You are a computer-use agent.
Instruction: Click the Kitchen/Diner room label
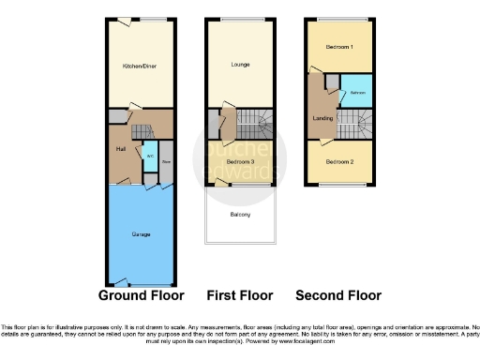[140, 67]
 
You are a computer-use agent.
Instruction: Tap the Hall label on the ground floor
[121, 148]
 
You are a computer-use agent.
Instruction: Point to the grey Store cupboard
[166, 160]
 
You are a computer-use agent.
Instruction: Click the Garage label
[140, 233]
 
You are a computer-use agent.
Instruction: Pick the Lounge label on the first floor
[241, 65]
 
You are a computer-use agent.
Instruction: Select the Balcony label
[241, 215]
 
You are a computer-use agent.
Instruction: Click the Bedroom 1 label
[339, 46]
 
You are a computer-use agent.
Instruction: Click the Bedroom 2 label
[339, 161]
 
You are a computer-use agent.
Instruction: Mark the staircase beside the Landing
[354, 122]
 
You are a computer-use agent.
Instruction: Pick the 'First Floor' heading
[241, 295]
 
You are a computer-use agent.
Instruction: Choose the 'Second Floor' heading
[339, 295]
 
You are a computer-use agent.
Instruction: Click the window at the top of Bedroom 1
[339, 20]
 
